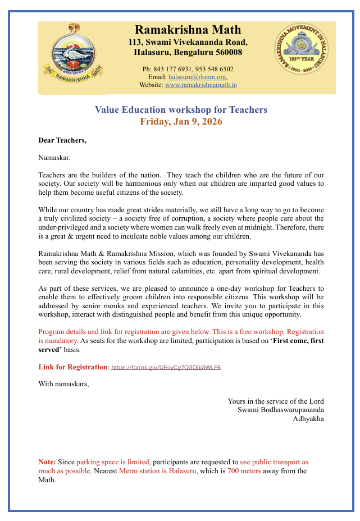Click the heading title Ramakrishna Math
click(x=188, y=30)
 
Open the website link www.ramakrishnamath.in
click(x=200, y=85)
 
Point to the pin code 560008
click(x=227, y=52)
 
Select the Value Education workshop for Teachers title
click(x=181, y=109)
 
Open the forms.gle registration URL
click(x=166, y=368)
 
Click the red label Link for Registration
click(x=73, y=367)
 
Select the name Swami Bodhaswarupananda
click(x=280, y=409)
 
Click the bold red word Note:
click(x=47, y=462)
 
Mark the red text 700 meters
click(x=244, y=471)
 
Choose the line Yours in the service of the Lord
click(x=275, y=401)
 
